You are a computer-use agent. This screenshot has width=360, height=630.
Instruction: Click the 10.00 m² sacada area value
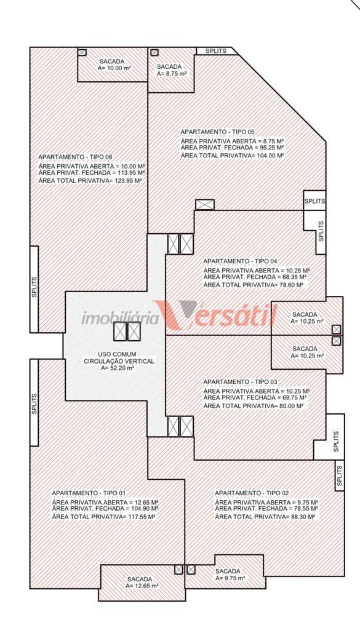tap(115, 68)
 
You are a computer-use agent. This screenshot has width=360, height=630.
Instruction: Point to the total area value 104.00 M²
tap(270, 156)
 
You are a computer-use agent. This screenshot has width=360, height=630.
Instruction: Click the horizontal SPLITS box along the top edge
tap(216, 51)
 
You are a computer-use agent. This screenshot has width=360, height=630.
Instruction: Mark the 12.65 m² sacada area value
tap(142, 586)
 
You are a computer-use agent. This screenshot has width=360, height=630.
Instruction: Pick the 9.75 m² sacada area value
tap(230, 578)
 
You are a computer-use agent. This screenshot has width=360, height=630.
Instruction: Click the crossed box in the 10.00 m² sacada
tap(82, 52)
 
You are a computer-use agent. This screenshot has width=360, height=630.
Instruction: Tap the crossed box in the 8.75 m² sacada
tap(154, 52)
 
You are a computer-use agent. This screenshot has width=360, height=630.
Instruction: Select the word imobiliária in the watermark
tap(120, 319)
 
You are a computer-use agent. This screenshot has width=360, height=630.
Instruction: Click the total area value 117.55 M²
tap(142, 517)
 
